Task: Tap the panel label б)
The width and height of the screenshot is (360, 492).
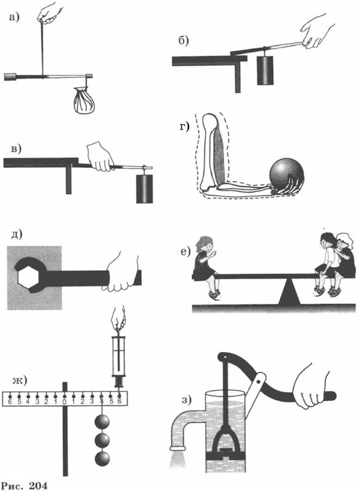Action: click(183, 41)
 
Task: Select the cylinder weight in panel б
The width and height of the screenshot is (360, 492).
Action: click(265, 71)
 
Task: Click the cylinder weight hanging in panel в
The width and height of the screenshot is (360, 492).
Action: click(144, 188)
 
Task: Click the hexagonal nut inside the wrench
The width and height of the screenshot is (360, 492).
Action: click(28, 277)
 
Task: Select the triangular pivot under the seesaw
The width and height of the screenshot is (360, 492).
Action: click(290, 292)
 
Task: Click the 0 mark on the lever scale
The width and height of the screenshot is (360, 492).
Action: click(64, 402)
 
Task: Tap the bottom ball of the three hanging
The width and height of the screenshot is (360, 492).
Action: click(102, 459)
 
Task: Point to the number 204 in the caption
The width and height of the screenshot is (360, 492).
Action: click(38, 486)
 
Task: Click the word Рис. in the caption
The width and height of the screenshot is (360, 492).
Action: click(12, 486)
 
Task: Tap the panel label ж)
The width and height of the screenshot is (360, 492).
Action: click(20, 380)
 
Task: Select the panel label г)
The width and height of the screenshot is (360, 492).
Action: click(184, 126)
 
